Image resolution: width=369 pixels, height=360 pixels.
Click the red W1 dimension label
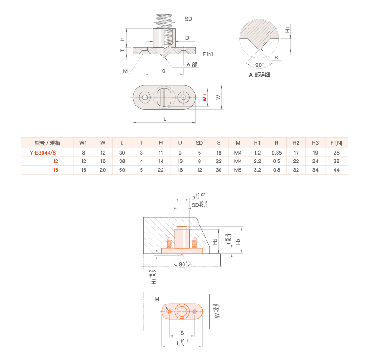tap(204, 98)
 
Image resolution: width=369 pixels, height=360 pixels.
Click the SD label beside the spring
tap(188, 19)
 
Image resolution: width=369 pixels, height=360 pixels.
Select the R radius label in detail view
tap(277, 58)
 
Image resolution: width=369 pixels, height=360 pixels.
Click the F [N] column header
tap(336, 143)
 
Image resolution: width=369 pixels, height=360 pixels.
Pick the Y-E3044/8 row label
tap(43, 153)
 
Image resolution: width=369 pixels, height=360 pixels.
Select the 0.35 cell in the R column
tap(277, 153)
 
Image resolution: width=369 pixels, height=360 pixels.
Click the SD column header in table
tap(199, 143)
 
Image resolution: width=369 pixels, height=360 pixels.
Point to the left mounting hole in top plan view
tap(145, 98)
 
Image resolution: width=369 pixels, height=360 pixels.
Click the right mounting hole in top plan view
tap(183, 98)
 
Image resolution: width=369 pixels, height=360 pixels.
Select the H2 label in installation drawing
tap(215, 241)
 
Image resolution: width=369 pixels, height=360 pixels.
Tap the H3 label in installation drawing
tap(238, 241)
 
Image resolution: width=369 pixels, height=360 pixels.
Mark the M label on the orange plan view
tap(157, 299)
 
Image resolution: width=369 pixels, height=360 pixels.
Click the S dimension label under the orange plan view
tap(182, 333)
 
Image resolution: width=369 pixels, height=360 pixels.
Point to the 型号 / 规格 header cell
tap(48, 143)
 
